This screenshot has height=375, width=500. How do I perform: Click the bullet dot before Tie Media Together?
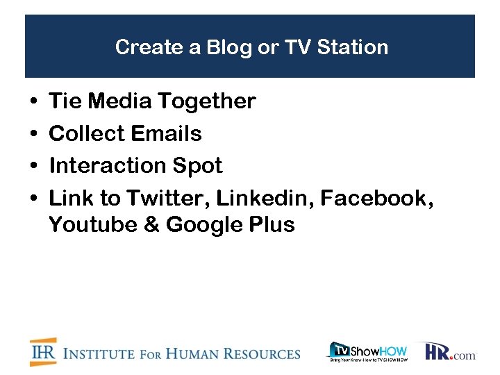pyautogui.click(x=33, y=102)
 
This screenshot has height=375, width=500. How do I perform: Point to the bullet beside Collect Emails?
pyautogui.click(x=33, y=134)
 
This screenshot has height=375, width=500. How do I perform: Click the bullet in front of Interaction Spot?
pyautogui.click(x=33, y=167)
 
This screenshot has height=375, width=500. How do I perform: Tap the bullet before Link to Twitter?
pyautogui.click(x=33, y=199)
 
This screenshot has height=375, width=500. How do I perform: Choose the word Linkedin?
pyautogui.click(x=267, y=199)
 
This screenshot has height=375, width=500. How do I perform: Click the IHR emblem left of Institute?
pyautogui.click(x=43, y=352)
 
